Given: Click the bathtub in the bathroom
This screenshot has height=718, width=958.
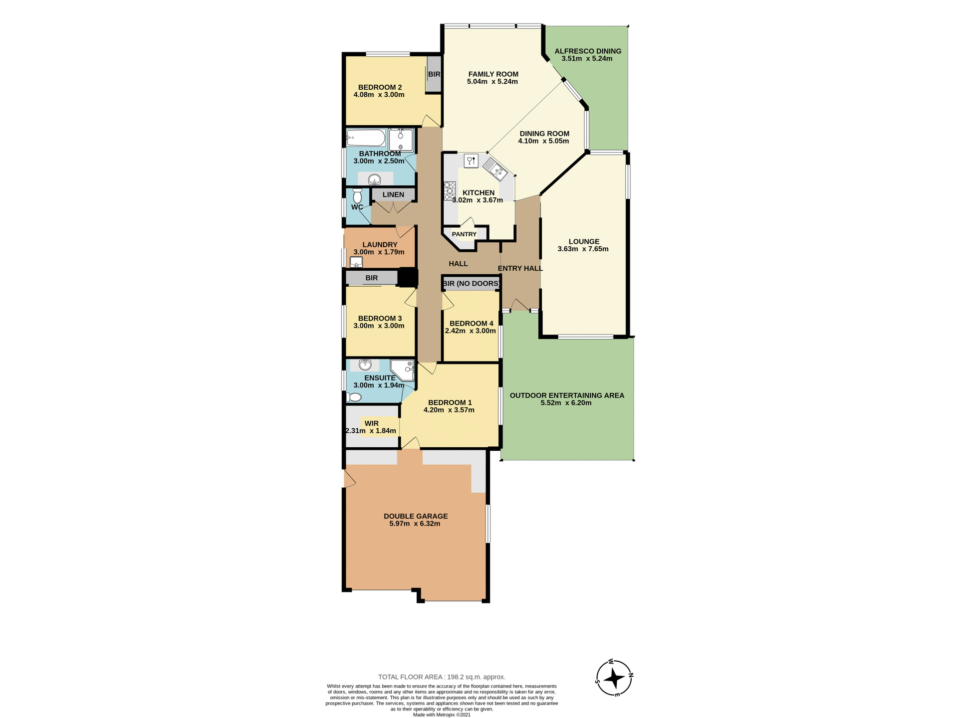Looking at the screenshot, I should point(366,138).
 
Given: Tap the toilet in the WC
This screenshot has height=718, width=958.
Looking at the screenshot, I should point(357,195).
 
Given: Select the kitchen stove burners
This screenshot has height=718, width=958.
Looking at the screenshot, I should point(450,190).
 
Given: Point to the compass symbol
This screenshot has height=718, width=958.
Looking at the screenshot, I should point(615,678).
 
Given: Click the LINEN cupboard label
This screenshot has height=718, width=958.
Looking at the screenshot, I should point(393,194).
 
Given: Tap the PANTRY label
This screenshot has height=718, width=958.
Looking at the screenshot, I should point(464,234).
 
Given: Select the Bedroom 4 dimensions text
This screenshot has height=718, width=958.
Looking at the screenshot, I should point(471,331).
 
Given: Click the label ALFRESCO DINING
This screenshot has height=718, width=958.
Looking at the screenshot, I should point(588,51).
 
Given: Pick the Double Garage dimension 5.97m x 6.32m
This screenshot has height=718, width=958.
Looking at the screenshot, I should point(415,524).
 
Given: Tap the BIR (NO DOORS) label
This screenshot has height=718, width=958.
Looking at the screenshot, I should point(472,284).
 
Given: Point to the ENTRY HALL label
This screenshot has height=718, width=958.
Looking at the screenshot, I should point(520,268).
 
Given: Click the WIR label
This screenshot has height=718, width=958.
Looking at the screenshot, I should point(371,423).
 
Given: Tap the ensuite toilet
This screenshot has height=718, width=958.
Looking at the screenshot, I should point(354,397).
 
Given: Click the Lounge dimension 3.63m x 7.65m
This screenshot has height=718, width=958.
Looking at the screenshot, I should point(583,249).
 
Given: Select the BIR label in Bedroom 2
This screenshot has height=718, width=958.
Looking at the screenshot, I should point(434,74).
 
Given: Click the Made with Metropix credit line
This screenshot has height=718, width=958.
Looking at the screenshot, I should point(442,715).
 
